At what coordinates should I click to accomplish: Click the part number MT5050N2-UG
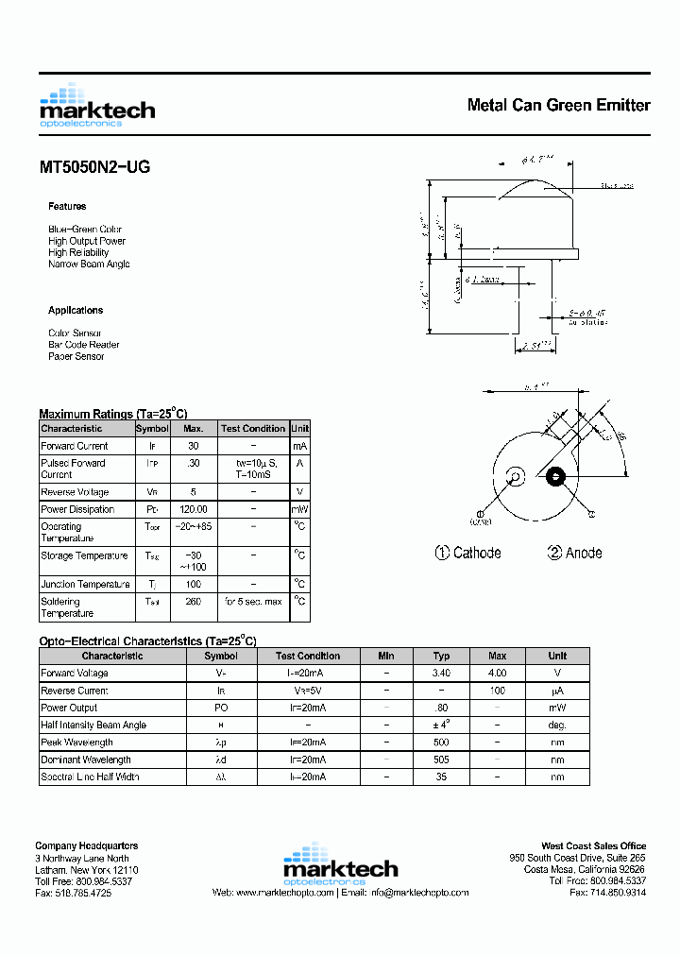pos(94,167)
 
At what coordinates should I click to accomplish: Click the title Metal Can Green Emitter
pos(558,105)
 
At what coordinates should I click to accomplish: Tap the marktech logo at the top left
pos(97,106)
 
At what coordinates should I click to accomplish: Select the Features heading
pos(67,206)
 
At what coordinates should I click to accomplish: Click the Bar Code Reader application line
pos(84,345)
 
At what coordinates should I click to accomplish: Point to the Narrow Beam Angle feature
pos(89,265)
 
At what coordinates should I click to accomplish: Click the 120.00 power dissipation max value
pos(194,509)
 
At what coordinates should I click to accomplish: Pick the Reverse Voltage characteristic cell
pos(75,492)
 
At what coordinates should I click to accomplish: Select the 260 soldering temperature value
pos(194,602)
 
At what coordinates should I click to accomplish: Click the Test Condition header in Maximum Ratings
pos(253,429)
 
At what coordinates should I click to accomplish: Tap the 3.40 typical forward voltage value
pos(441,674)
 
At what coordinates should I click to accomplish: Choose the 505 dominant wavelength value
pos(441,760)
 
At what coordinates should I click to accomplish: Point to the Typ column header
pos(441,656)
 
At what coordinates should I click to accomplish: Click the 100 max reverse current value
pos(498,691)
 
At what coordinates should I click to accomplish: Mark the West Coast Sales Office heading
pos(593,846)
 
